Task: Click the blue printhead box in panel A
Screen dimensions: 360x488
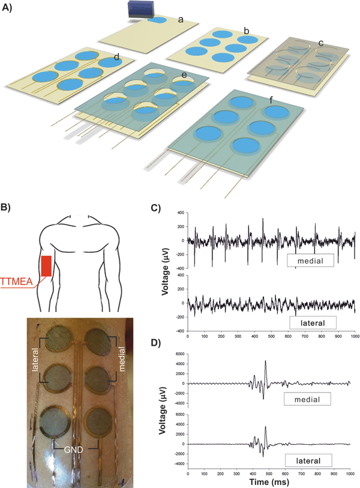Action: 141,10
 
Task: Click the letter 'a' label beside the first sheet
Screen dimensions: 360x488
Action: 181,20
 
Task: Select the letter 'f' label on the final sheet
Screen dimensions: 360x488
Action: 271,100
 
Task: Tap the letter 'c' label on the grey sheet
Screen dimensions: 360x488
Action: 321,43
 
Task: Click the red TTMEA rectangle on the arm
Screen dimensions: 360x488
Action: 46,266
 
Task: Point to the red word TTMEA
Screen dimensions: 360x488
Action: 16,282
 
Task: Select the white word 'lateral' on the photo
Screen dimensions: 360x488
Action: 35,360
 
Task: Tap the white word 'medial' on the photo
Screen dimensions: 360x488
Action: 121,359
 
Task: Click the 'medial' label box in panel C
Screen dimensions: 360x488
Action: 310,261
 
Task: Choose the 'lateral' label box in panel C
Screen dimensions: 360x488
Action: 313,323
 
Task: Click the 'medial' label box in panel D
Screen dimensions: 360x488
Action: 307,399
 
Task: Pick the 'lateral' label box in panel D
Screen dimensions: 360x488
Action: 308,460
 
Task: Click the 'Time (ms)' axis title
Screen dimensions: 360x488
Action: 269,482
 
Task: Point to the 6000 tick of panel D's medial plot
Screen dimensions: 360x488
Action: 181,354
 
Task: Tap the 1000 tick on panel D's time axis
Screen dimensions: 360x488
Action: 350,474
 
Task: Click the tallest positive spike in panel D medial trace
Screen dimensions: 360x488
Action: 265,361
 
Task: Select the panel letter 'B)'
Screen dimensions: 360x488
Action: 6,208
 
